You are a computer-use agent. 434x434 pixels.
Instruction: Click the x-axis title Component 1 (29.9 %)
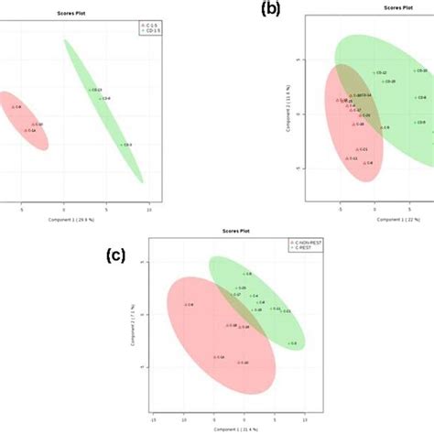pos(77,220)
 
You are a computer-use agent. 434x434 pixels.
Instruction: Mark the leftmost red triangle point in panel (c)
pos(186,304)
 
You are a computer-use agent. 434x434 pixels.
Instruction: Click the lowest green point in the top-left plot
pos(122,145)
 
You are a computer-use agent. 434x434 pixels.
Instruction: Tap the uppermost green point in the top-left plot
pos(92,90)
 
